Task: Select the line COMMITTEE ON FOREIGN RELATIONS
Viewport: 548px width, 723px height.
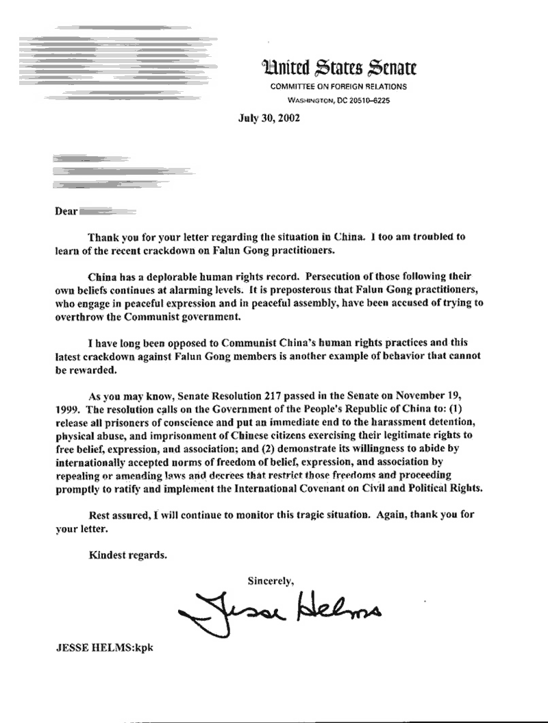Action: [338, 87]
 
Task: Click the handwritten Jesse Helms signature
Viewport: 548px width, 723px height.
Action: [280, 609]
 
